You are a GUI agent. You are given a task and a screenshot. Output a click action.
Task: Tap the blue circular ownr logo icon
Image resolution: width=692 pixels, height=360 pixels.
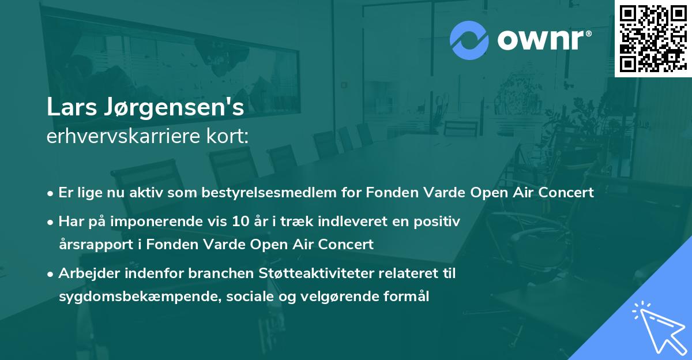469,40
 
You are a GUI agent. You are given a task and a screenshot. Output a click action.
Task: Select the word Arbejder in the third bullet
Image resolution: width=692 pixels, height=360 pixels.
83,273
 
